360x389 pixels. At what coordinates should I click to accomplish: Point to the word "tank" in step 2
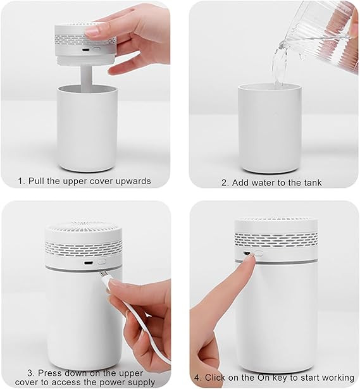(x=313, y=183)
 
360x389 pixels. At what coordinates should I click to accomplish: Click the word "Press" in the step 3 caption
(x=49, y=373)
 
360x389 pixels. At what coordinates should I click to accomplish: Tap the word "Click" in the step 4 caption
(x=215, y=378)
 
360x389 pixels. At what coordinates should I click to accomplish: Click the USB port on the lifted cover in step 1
(x=86, y=50)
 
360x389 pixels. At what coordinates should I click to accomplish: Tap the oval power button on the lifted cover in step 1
(x=96, y=49)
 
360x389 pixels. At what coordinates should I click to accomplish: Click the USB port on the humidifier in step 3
(x=87, y=263)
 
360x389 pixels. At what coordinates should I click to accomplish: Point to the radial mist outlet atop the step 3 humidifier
(x=84, y=226)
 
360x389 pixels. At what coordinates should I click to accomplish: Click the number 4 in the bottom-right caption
(x=197, y=378)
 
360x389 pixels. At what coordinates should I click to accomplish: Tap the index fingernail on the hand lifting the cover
(x=92, y=32)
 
